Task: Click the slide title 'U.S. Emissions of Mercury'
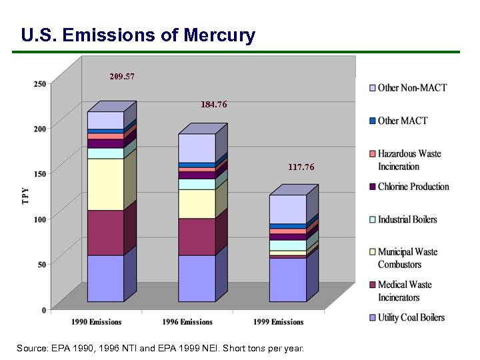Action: [138, 35]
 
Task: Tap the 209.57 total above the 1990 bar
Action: [122, 77]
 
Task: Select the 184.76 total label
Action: [214, 105]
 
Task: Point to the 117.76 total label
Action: [301, 167]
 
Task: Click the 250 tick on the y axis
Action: [40, 84]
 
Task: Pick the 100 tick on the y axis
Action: [40, 219]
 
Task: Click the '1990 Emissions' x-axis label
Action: [97, 322]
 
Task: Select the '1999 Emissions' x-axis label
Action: [279, 322]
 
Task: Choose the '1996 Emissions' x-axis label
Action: [187, 322]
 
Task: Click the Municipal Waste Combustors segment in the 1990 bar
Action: [105, 184]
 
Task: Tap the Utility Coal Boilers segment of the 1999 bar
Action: [287, 279]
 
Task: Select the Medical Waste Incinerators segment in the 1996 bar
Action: [196, 237]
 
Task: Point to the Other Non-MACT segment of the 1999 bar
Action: [287, 209]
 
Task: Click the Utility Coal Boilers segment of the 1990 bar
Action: [105, 278]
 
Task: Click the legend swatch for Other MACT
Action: [373, 121]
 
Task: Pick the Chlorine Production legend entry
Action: [413, 187]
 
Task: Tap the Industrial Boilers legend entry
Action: [407, 219]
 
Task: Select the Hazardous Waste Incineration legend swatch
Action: [373, 154]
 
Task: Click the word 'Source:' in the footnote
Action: [32, 349]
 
